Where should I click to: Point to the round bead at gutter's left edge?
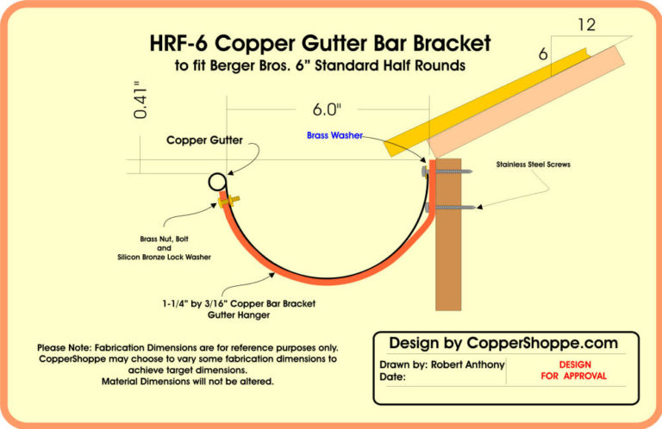coord(217,182)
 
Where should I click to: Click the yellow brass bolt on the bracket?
coord(228,200)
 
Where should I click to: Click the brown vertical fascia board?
coord(449,258)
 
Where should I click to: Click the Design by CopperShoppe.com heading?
coord(503,343)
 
